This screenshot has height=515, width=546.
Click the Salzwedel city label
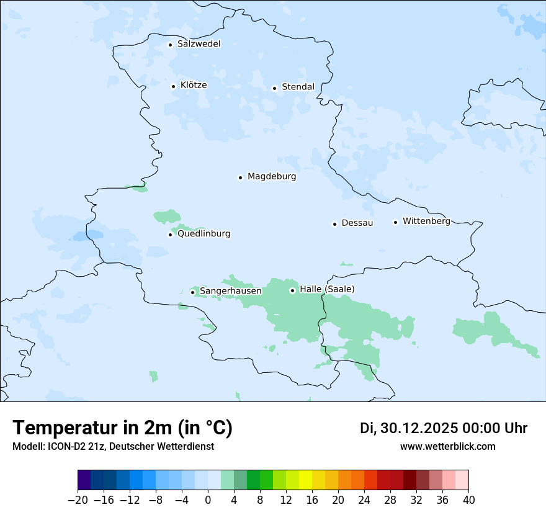point(199,44)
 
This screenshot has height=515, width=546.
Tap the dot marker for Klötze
point(173,86)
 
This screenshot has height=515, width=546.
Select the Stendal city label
point(298,87)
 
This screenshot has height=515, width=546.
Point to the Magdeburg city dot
point(240,177)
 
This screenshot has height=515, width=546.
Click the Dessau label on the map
point(357,223)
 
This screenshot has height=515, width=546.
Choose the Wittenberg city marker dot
point(395,222)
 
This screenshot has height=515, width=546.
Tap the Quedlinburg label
point(204,234)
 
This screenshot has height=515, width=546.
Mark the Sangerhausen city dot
point(192,292)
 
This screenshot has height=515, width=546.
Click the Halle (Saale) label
point(327,289)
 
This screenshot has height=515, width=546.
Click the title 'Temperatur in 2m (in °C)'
point(123,428)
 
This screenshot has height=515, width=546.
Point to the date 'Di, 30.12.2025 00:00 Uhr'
point(444,428)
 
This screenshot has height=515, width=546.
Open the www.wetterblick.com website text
point(447,446)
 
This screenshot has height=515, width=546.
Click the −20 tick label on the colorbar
point(78,500)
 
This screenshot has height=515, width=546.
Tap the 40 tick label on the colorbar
point(468,500)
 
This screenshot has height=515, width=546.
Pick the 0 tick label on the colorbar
point(208,500)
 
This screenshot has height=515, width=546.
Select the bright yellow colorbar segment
point(305,480)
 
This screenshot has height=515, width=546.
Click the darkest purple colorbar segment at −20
point(84,480)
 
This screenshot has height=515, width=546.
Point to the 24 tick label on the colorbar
point(364,500)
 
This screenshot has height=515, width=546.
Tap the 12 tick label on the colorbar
point(286,500)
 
